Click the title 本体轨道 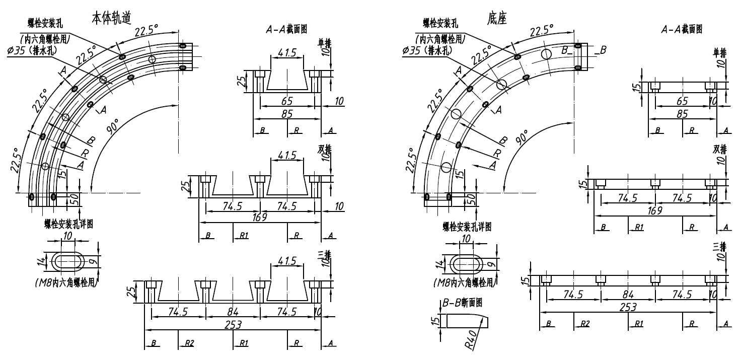click(111, 18)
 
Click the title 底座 click(496, 18)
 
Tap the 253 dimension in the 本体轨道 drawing click(233, 325)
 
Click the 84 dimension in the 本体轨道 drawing click(233, 312)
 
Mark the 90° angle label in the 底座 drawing click(522, 136)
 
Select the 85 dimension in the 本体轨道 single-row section click(287, 114)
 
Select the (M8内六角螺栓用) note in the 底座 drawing click(464, 283)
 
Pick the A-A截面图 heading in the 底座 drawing click(682, 30)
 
